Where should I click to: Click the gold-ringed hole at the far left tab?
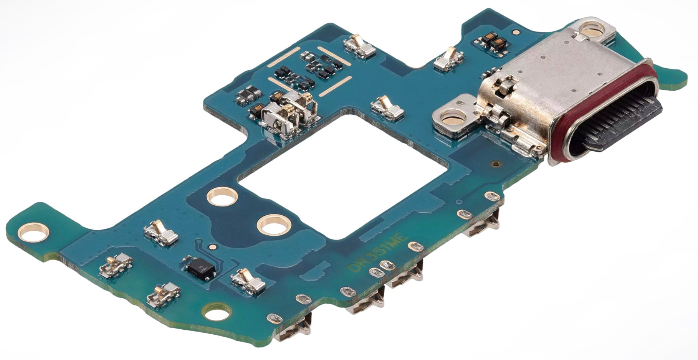pos(35,232)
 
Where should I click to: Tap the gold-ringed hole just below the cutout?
pos(273,224)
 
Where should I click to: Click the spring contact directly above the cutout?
pos(388,107)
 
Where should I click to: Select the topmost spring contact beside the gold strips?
pos(359,46)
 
